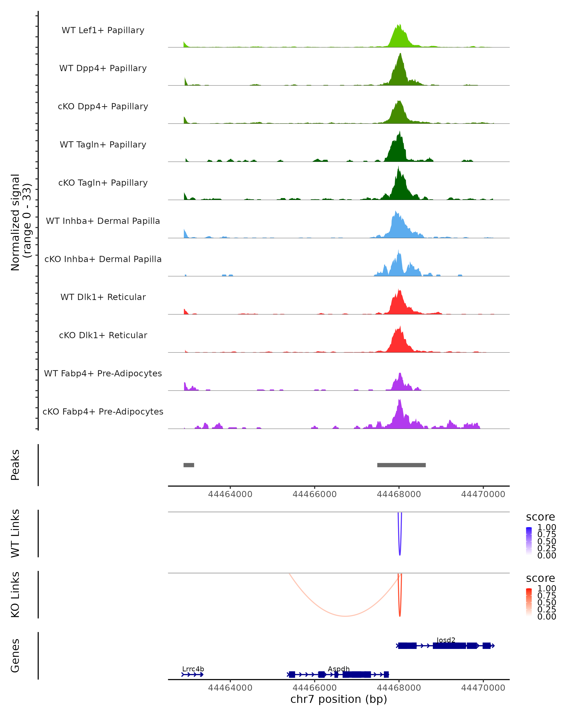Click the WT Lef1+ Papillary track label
tap(103, 30)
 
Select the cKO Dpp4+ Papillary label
tap(103, 107)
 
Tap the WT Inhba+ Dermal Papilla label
tap(103, 221)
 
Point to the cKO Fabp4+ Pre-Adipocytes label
tap(103, 412)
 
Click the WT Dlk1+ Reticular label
tap(103, 297)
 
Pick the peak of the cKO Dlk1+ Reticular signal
tap(400, 327)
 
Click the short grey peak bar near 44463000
tap(189, 465)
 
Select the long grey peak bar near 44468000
tap(401, 465)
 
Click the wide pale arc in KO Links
tap(345, 616)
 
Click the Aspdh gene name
tap(339, 669)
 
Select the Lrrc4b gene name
tap(193, 669)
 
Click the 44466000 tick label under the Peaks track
tap(315, 494)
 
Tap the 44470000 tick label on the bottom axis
tap(483, 688)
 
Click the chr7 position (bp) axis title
tap(339, 699)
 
